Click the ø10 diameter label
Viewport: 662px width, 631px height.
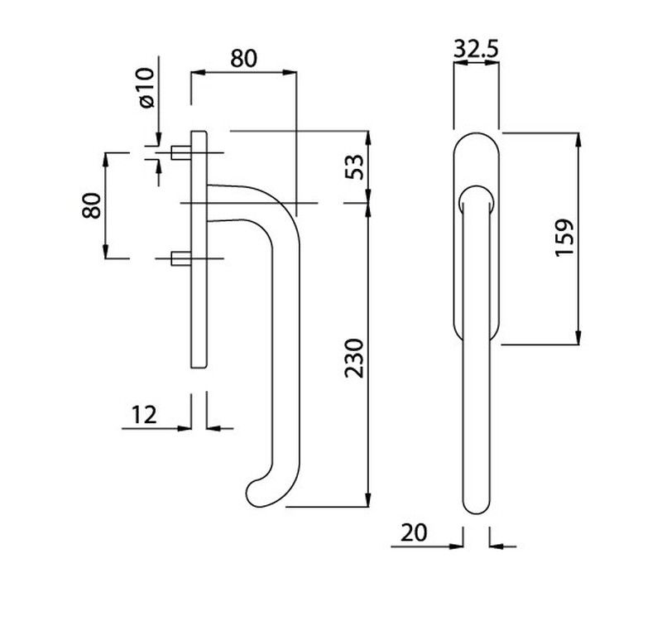(146, 88)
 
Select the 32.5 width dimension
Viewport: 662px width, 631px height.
(476, 49)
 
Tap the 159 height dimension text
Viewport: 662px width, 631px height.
(565, 238)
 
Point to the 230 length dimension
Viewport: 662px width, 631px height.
(354, 359)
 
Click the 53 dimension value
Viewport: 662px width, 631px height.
(354, 167)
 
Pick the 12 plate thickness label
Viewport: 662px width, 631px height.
(144, 415)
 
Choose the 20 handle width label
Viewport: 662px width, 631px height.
(414, 532)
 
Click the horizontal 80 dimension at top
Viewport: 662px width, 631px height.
(243, 59)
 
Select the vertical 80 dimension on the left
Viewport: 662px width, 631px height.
(92, 205)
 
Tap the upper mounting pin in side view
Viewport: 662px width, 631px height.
(181, 152)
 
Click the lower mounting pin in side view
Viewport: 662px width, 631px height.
(181, 258)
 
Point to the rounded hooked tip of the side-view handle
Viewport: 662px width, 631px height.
(257, 494)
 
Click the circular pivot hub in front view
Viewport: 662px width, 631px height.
(477, 199)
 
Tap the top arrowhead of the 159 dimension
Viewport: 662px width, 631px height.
(578, 140)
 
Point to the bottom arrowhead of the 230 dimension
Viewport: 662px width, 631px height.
(368, 499)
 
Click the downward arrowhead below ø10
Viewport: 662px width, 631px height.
(158, 139)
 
